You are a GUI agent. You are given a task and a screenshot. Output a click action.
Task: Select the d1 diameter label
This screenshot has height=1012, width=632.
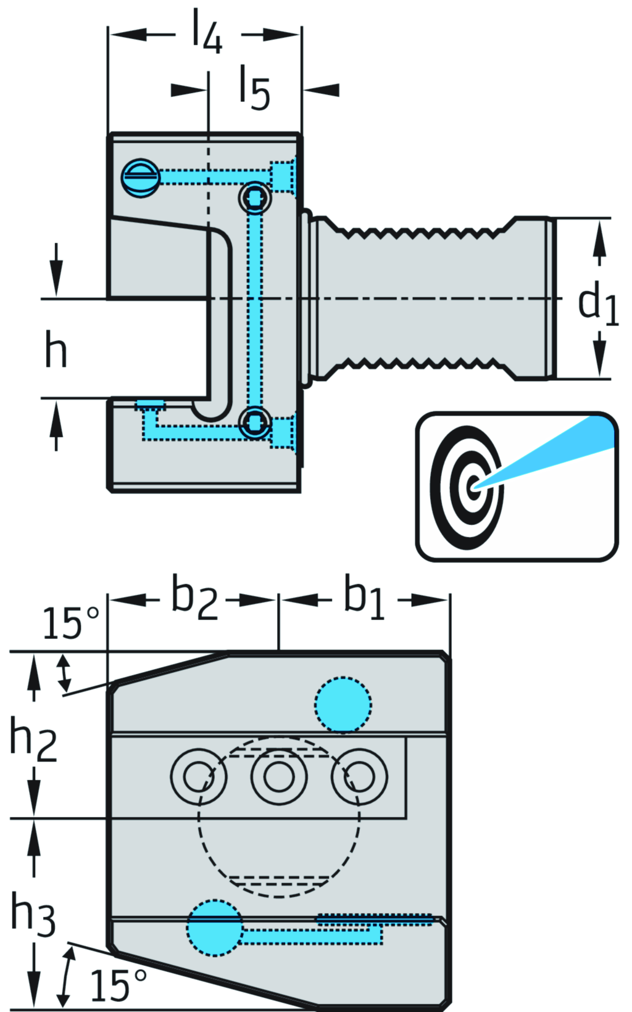pos(597,303)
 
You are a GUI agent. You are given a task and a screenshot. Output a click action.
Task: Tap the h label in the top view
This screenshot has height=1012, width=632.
pos(56,348)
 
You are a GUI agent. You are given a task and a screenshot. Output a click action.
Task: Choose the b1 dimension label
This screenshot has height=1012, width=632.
pos(364,598)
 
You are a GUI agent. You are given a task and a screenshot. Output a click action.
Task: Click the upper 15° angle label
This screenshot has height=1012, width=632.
pos(70,623)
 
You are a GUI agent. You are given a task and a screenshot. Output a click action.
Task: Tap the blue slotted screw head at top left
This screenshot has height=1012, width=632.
pos(141,178)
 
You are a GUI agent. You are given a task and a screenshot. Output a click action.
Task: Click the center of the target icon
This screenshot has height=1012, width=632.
pos(473,486)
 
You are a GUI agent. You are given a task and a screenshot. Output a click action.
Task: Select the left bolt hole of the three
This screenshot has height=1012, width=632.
pos(198,776)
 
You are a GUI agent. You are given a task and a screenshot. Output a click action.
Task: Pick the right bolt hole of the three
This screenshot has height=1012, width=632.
pos(359,776)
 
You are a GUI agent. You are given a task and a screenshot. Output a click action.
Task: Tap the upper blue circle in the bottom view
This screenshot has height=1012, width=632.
pos(343,705)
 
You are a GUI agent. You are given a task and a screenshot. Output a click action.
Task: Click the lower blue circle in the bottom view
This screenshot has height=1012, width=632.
pos(214,928)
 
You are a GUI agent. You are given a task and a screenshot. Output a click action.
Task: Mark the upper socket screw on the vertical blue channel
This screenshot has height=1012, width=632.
pos(255,198)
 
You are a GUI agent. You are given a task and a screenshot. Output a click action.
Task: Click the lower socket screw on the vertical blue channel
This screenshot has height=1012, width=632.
pos(255,422)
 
